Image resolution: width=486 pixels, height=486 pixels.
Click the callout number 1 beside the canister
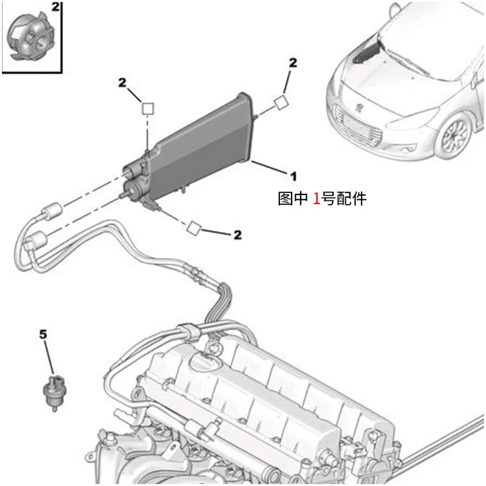(292, 176)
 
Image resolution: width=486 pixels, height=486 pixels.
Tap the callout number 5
(43, 334)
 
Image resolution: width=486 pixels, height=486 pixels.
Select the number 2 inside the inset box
(55, 8)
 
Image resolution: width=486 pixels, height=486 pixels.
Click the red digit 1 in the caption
(317, 198)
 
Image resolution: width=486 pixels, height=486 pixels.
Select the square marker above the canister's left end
(148, 109)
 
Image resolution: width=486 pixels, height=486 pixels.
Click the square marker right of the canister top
(281, 101)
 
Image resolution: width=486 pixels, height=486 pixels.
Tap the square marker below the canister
(193, 228)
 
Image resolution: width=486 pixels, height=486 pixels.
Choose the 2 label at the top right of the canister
(293, 63)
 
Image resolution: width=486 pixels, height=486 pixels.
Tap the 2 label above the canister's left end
(123, 82)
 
